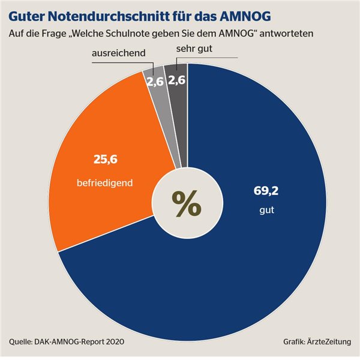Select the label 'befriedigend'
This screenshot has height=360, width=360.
point(104,181)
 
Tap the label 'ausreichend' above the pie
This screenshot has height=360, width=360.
point(119,54)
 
